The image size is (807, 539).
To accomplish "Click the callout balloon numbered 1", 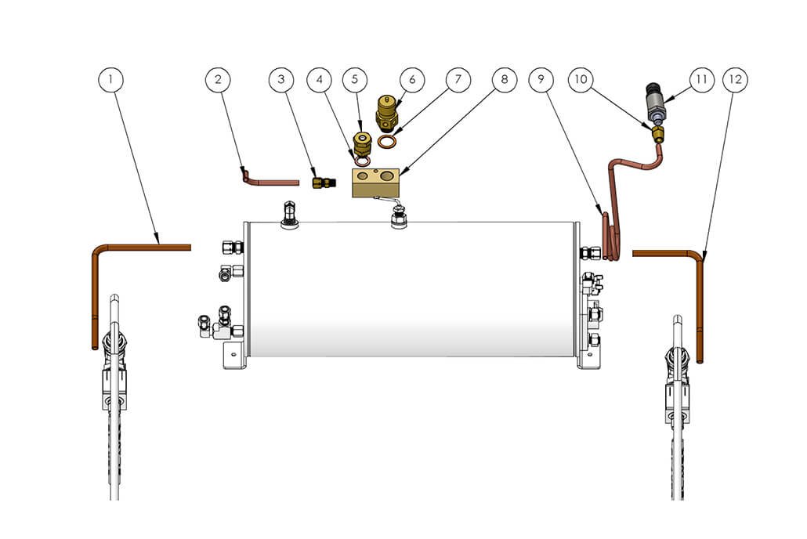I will (x=112, y=78).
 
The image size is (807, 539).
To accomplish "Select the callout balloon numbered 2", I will (x=219, y=78).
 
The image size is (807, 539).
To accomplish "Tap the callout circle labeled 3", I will (x=281, y=78).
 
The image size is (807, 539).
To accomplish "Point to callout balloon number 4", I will (x=319, y=78).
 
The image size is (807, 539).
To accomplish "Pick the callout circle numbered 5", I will (x=354, y=78).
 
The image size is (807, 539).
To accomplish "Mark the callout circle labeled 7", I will (x=458, y=78).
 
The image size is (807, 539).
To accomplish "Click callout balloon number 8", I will (x=504, y=78).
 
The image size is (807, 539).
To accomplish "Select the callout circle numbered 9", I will (x=541, y=78).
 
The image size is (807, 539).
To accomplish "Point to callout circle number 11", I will (x=701, y=78).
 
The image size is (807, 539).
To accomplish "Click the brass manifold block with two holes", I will (x=375, y=181).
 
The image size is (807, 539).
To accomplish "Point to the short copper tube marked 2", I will (x=270, y=180).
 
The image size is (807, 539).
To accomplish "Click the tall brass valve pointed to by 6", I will (x=385, y=112).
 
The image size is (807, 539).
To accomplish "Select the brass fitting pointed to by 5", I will (x=360, y=144).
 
